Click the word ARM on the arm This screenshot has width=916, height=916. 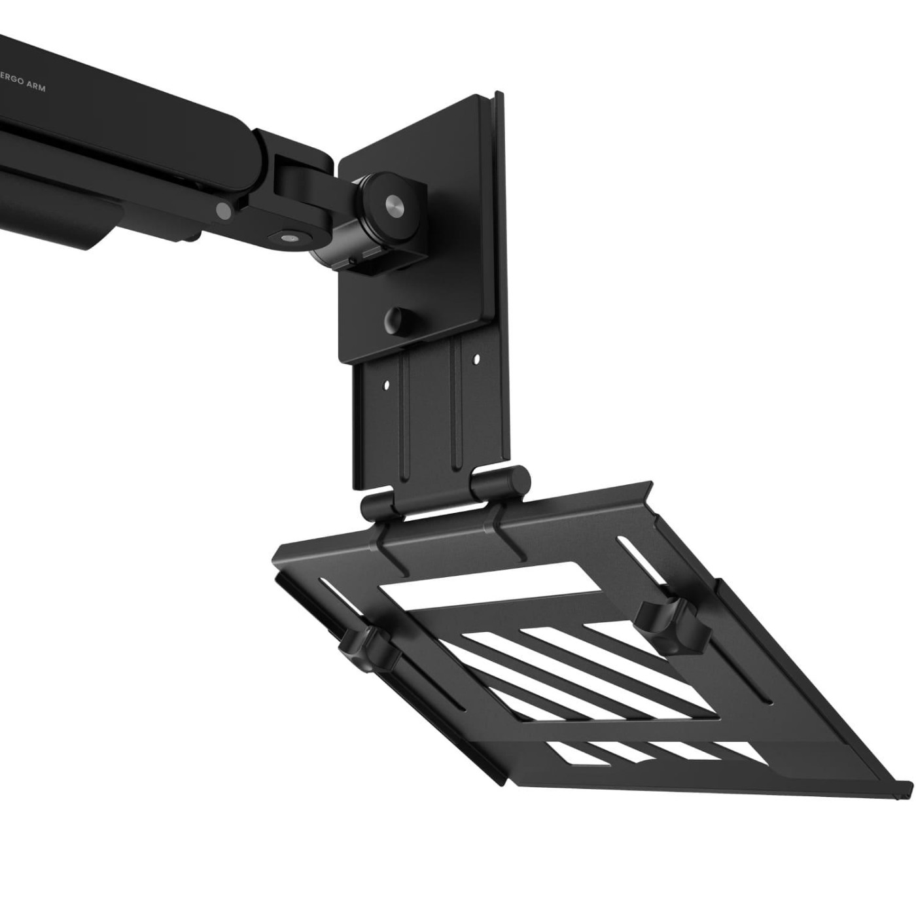(x=35, y=87)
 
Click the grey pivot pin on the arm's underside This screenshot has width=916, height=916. (x=223, y=210)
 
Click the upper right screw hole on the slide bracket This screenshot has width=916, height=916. (x=476, y=359)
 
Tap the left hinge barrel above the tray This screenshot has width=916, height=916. (x=377, y=507)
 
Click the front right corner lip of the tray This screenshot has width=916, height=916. (x=906, y=785)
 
